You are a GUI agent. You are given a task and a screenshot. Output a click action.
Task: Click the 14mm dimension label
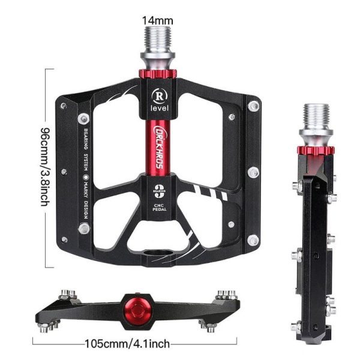coord(157,20)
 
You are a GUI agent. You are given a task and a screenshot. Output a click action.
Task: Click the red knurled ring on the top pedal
coord(157,75)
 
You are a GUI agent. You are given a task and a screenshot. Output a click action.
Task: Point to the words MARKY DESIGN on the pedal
coord(86,204)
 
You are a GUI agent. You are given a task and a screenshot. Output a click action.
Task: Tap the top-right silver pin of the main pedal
coord(254,106)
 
